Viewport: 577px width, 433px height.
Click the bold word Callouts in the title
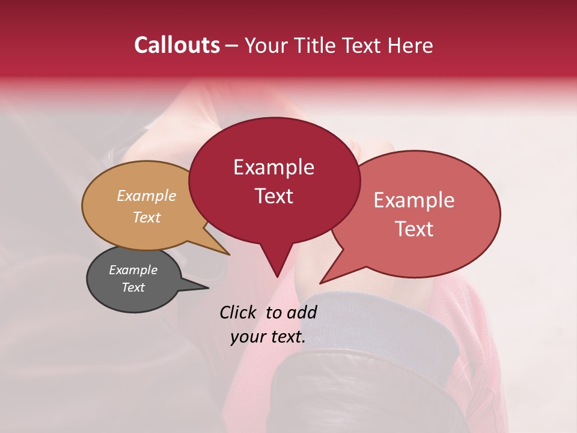coord(177,45)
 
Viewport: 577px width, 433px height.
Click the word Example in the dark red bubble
coord(273,167)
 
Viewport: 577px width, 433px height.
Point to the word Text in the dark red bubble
coord(273,196)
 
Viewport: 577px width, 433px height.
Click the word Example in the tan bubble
coord(147,196)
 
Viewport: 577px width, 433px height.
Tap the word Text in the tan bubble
coord(147,217)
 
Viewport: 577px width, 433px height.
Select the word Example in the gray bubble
coord(133,270)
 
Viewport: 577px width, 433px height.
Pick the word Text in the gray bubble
coord(133,287)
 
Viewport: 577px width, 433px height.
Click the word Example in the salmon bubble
coord(414,200)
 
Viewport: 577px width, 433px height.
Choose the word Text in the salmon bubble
coord(414,229)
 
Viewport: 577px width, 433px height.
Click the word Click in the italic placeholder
coord(239,312)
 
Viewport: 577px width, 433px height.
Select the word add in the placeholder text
coord(301,312)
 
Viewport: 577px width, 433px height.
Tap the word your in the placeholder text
coord(248,337)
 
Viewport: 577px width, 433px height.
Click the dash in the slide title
coord(233,46)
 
